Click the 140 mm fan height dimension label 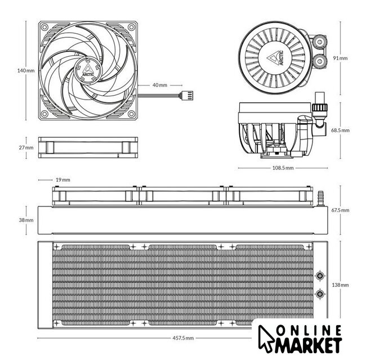tap(26, 70)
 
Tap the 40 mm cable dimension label tap(160, 85)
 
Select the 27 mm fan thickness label tap(26, 147)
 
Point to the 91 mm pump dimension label tap(340, 58)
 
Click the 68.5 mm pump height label tap(340, 130)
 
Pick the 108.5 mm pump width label tap(283, 168)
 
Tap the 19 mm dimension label tap(63, 180)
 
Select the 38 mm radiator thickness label tap(26, 220)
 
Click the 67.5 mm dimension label tap(340, 210)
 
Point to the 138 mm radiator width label tap(340, 285)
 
